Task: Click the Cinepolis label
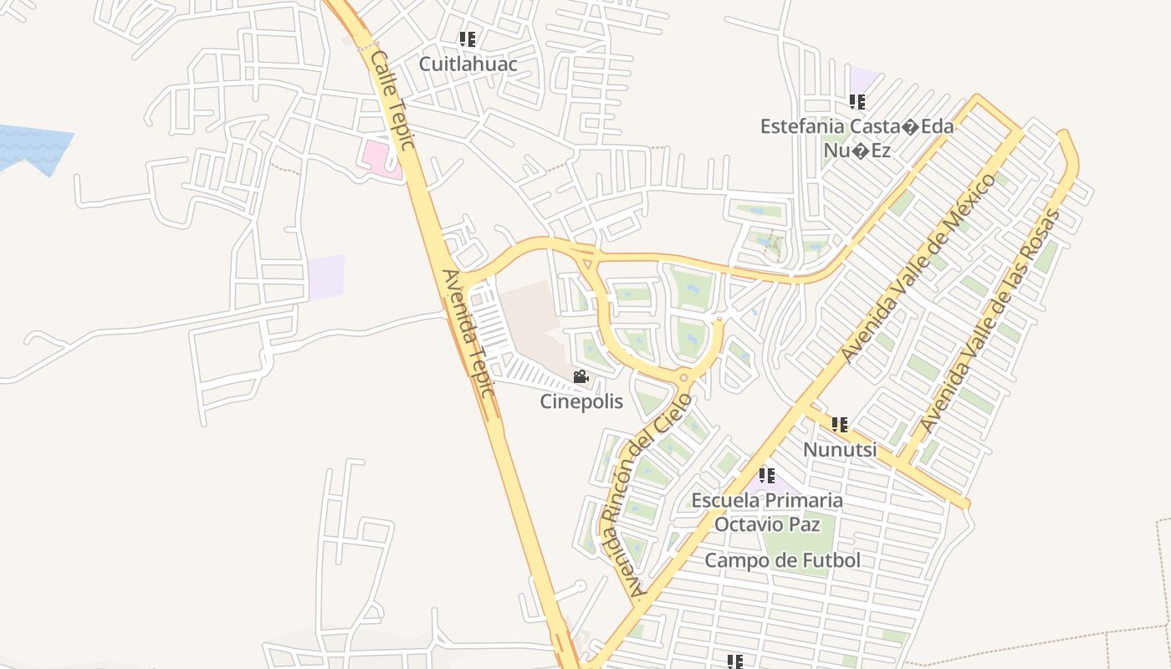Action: [581, 401]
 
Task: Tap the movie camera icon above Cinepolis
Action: [580, 377]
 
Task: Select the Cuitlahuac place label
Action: [468, 64]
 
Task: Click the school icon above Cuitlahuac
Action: [468, 38]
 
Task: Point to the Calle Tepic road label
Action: [392, 100]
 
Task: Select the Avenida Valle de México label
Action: [920, 268]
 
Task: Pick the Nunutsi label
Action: [840, 450]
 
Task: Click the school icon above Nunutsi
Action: [840, 425]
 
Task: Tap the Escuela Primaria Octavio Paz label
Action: [767, 512]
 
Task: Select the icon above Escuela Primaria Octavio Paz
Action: [767, 475]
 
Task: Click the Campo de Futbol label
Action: [782, 560]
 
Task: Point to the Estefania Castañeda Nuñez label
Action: [857, 138]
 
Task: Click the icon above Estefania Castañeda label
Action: [857, 102]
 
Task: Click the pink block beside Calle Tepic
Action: [378, 156]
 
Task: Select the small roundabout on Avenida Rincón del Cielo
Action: [684, 379]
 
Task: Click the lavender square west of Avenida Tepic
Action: [326, 278]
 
